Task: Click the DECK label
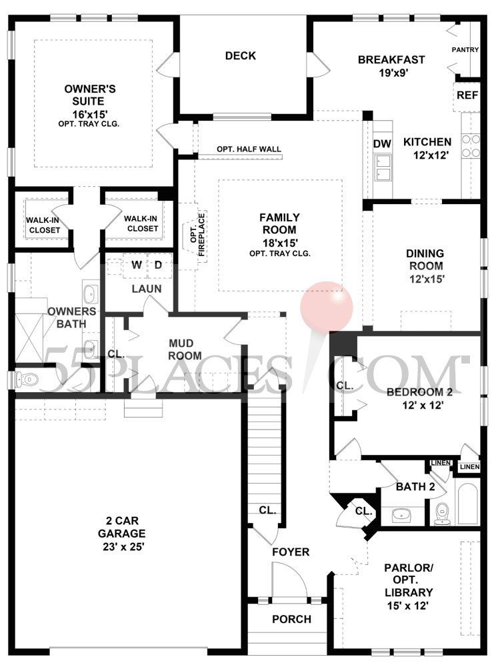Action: tap(240, 56)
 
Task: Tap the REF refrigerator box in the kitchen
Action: tap(467, 95)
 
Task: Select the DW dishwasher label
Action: tap(381, 143)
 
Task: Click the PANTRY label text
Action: tap(465, 49)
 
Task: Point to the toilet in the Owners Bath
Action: tap(27, 380)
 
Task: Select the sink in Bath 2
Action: tap(401, 514)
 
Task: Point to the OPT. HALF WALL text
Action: tap(249, 149)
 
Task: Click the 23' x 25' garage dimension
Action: tap(121, 546)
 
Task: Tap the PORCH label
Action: tap(291, 619)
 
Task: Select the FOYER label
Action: tap(290, 552)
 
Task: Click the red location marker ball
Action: tap(326, 305)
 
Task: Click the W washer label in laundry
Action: tap(136, 265)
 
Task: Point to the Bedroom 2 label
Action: tap(415, 392)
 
